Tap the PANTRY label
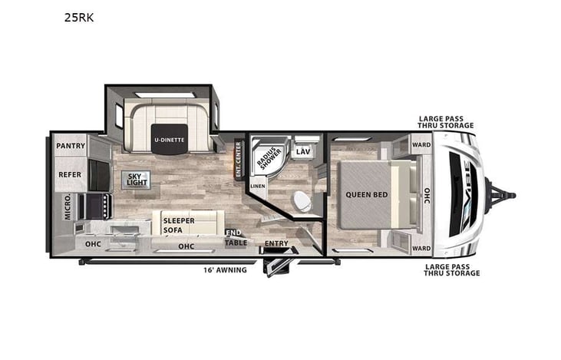(70, 145)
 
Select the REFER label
(70, 174)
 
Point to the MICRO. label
(68, 206)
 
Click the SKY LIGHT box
(136, 180)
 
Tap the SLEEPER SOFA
(179, 224)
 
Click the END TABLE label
(236, 239)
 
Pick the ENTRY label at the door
(276, 244)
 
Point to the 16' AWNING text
(224, 270)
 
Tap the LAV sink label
(303, 152)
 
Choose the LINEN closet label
(258, 186)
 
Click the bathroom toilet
(302, 201)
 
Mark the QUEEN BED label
(366, 194)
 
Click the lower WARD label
(421, 248)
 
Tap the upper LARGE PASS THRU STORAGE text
(445, 121)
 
